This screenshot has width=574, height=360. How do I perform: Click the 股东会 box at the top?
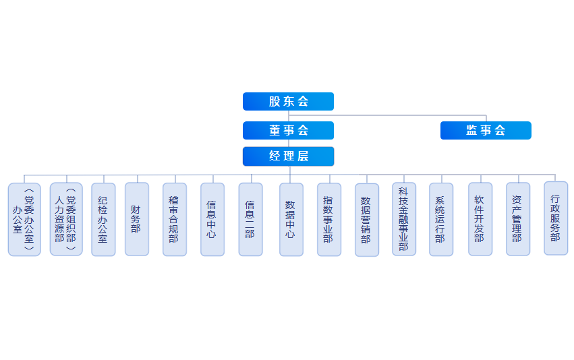[288, 101]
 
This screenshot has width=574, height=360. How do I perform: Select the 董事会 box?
[288, 130]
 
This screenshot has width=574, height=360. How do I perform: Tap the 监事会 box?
[486, 130]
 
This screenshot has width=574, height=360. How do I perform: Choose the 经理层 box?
[288, 156]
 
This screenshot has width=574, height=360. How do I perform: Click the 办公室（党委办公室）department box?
[24, 220]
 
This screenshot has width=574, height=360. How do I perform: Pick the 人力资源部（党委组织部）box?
[66, 219]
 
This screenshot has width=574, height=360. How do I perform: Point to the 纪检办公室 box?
[103, 220]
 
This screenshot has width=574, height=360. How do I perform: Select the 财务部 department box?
[137, 219]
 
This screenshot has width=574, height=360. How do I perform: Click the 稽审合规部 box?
[175, 220]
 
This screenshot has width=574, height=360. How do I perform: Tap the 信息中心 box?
[212, 220]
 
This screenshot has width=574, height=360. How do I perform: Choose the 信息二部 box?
[250, 220]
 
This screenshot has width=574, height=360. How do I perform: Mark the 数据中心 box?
[291, 220]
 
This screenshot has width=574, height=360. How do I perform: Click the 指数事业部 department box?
[329, 220]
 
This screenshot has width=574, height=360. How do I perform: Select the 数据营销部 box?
[367, 220]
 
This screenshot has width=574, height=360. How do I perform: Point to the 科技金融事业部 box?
[404, 219]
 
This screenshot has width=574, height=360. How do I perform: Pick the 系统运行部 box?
[441, 220]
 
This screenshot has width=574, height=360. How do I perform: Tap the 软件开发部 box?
[480, 219]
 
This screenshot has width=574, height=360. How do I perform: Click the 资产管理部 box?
[518, 219]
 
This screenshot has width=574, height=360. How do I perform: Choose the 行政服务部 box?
[556, 218]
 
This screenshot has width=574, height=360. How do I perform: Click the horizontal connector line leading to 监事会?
[405, 115]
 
